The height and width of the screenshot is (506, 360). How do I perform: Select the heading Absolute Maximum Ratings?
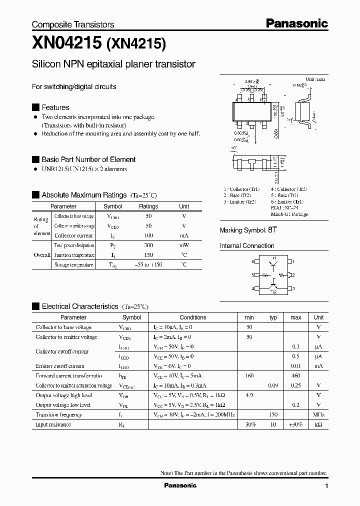84,195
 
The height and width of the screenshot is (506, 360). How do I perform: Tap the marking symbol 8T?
272,230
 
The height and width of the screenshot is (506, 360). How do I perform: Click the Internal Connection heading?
247,246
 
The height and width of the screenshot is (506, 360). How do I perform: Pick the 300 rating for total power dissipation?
148,245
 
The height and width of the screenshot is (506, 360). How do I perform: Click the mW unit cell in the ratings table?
184,245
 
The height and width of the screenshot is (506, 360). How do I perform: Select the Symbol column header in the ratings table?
112,206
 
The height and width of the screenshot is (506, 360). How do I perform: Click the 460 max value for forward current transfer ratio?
296,375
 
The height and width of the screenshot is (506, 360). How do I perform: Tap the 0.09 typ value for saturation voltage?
273,385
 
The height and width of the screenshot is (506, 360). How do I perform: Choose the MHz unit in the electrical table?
318,414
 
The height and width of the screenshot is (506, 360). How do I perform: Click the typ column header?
273,317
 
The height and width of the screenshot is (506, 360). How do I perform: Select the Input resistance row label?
53,424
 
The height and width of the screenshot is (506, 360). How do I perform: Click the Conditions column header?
192,317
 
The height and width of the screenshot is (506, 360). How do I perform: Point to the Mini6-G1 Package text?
289,214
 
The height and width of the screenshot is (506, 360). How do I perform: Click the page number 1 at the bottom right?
326,486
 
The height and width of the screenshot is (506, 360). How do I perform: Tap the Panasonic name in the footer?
180,485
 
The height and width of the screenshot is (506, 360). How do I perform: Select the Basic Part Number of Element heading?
88,159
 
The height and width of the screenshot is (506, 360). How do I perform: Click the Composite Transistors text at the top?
73,24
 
